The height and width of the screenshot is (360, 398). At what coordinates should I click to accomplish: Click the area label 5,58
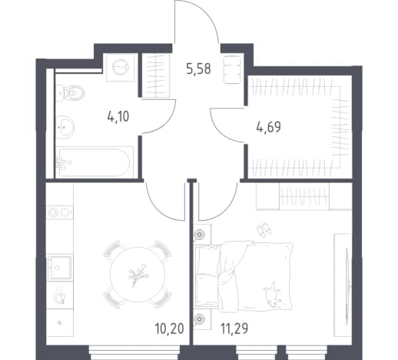[198, 69]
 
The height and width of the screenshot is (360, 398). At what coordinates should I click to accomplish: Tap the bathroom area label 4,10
[118, 117]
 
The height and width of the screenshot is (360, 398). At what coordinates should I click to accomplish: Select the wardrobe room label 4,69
[268, 127]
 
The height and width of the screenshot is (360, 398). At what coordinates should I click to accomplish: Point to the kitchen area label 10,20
[169, 328]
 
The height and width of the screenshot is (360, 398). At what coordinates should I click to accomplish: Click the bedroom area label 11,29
[234, 328]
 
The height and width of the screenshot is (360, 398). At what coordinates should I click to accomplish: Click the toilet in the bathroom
[71, 93]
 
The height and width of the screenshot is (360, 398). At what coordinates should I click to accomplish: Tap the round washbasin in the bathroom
[65, 127]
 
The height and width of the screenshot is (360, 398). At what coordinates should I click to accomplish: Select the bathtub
[95, 162]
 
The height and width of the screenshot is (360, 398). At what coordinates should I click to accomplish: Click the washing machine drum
[121, 68]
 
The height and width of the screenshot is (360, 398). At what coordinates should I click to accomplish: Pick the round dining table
[138, 275]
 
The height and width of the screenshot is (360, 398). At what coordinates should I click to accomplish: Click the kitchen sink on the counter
[59, 267]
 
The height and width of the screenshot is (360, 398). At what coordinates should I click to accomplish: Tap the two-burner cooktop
[60, 212]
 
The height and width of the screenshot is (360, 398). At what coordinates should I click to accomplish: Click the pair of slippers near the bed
[264, 229]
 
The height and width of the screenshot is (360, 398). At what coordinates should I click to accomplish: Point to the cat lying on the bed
[273, 294]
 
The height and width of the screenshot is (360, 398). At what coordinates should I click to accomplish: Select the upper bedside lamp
[200, 234]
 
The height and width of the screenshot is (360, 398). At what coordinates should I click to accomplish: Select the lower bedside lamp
[200, 319]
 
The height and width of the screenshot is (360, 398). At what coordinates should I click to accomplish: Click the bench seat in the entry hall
[233, 69]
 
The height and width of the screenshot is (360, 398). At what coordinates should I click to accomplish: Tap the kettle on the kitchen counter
[60, 297]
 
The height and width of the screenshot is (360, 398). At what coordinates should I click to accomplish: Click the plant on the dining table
[138, 275]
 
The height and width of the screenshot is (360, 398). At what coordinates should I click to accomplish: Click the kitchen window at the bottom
[134, 352]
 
